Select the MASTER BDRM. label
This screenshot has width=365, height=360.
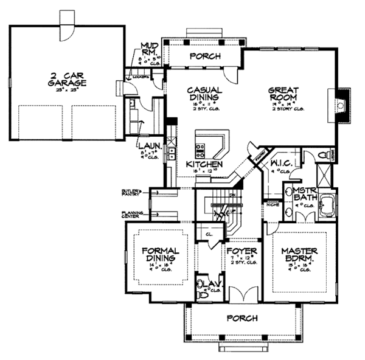pyautogui.click(x=298, y=254)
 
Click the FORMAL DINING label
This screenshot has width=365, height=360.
pyautogui.click(x=159, y=254)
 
